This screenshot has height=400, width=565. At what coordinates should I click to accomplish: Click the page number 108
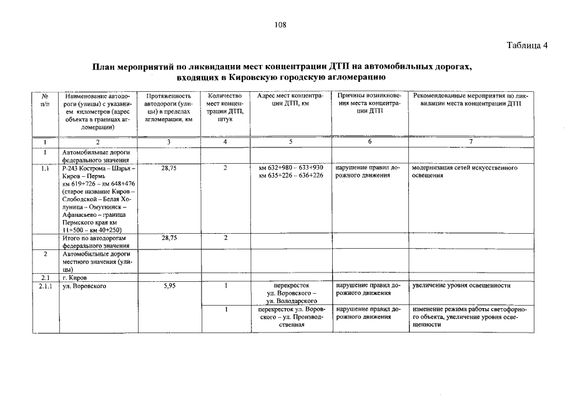point(280,25)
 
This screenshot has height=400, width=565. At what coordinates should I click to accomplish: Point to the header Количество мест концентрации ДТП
point(225,107)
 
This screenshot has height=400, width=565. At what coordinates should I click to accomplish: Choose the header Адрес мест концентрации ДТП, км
point(291,100)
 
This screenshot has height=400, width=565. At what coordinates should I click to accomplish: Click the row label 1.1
point(46,168)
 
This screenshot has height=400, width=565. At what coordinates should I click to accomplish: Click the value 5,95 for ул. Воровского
point(169,286)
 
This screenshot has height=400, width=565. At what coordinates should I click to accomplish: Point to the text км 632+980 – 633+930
point(291,168)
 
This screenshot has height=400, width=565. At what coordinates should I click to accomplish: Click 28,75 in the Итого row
point(169,238)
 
